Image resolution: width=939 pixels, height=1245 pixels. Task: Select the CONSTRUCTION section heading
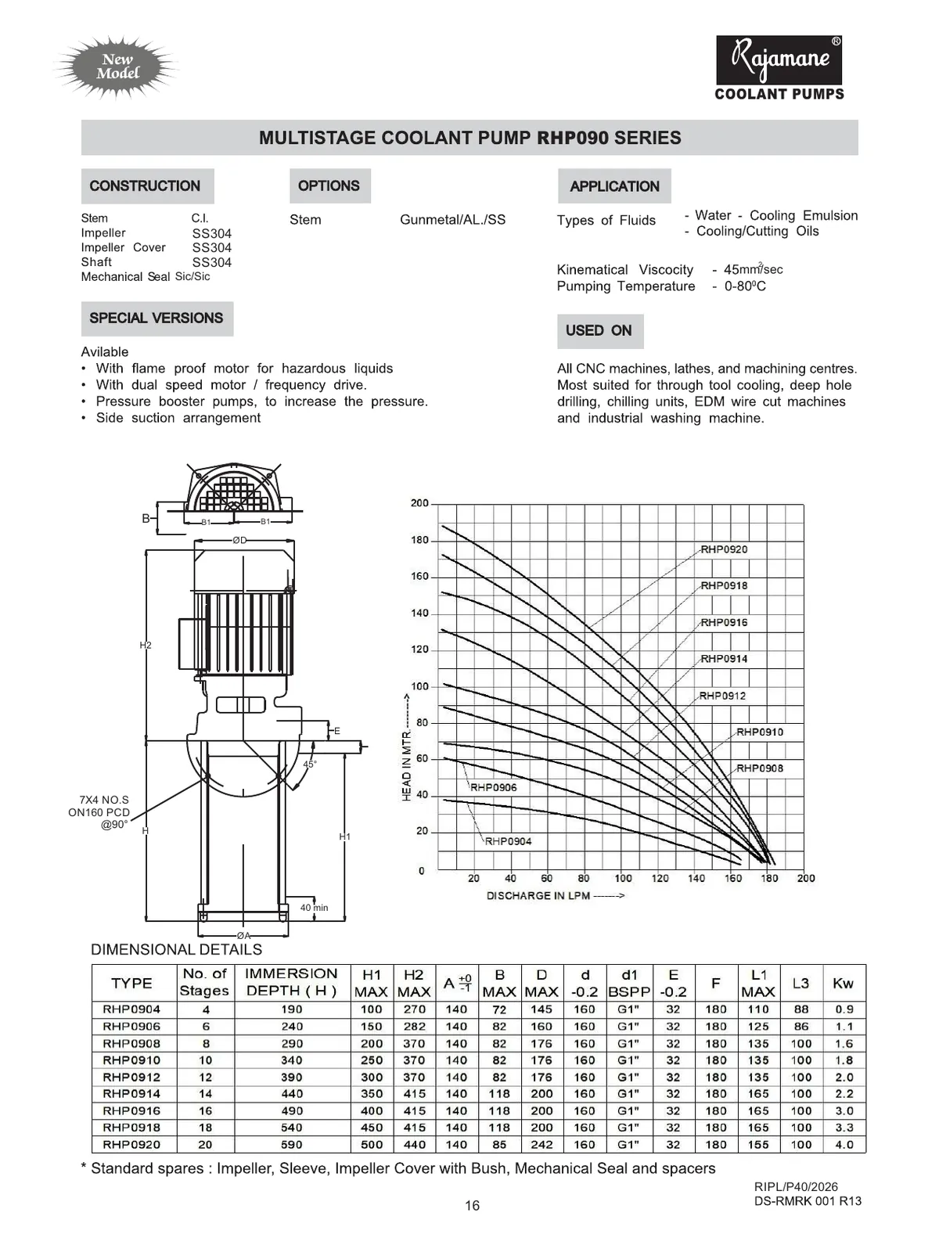(x=146, y=186)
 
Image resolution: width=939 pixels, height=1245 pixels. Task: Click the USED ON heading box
(x=599, y=331)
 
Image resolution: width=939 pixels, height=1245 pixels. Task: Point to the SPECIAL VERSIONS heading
(x=156, y=318)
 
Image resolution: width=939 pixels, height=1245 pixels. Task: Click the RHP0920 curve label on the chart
(x=724, y=549)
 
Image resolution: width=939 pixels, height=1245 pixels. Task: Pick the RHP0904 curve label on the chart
(x=508, y=841)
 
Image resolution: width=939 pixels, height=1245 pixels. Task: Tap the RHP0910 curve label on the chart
(x=759, y=732)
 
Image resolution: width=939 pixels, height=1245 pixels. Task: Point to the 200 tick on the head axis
(x=420, y=503)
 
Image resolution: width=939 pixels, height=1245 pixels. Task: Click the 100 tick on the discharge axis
(x=623, y=878)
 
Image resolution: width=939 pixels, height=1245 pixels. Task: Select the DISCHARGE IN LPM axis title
(x=555, y=896)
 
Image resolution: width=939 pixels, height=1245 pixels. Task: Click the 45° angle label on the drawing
(x=310, y=764)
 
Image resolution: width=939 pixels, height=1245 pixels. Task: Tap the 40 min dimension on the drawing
(x=314, y=908)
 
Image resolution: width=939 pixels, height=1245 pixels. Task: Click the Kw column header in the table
(x=843, y=983)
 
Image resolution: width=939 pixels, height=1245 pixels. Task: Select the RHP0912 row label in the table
(x=131, y=1077)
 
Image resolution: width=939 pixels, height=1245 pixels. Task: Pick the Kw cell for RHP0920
(x=844, y=1144)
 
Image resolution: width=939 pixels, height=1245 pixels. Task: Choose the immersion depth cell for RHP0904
(x=291, y=1009)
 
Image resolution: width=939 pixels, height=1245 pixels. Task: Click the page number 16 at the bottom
(x=472, y=1206)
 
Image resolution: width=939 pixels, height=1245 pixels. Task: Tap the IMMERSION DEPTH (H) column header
(x=291, y=982)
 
